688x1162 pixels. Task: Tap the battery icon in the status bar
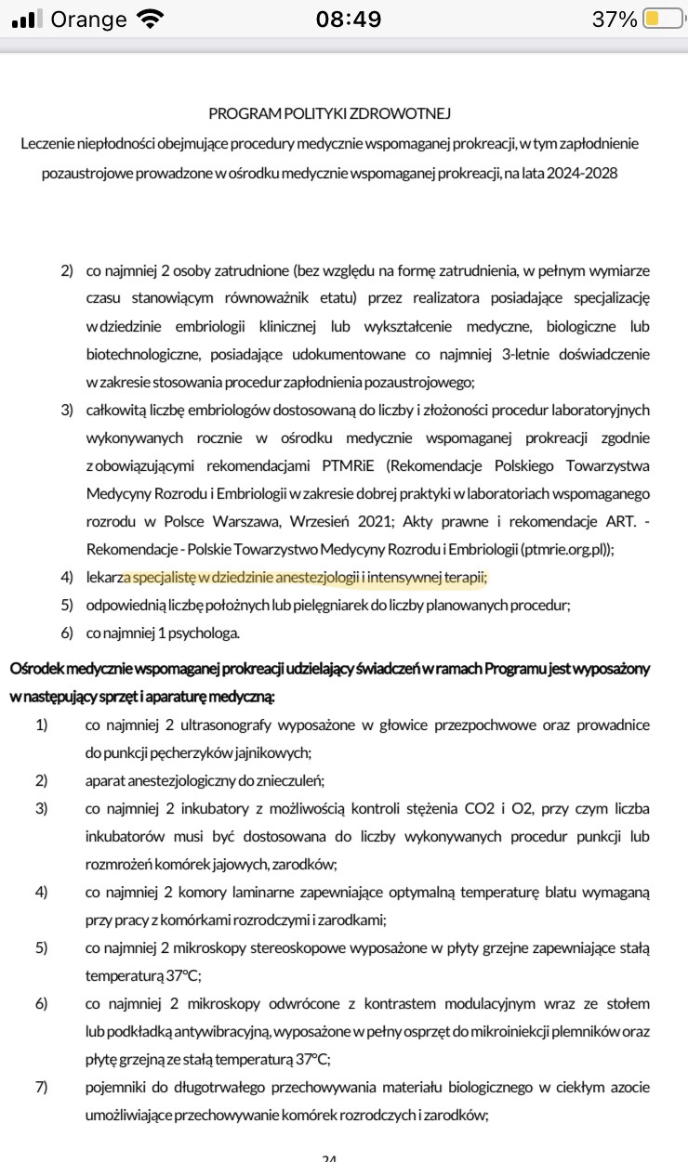[663, 20]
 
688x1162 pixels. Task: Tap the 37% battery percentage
[615, 20]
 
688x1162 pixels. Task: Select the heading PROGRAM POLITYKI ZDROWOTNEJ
[330, 113]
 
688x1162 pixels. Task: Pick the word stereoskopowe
[298, 949]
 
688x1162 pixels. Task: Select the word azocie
[627, 1088]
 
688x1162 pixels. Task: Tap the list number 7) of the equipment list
[42, 1088]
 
